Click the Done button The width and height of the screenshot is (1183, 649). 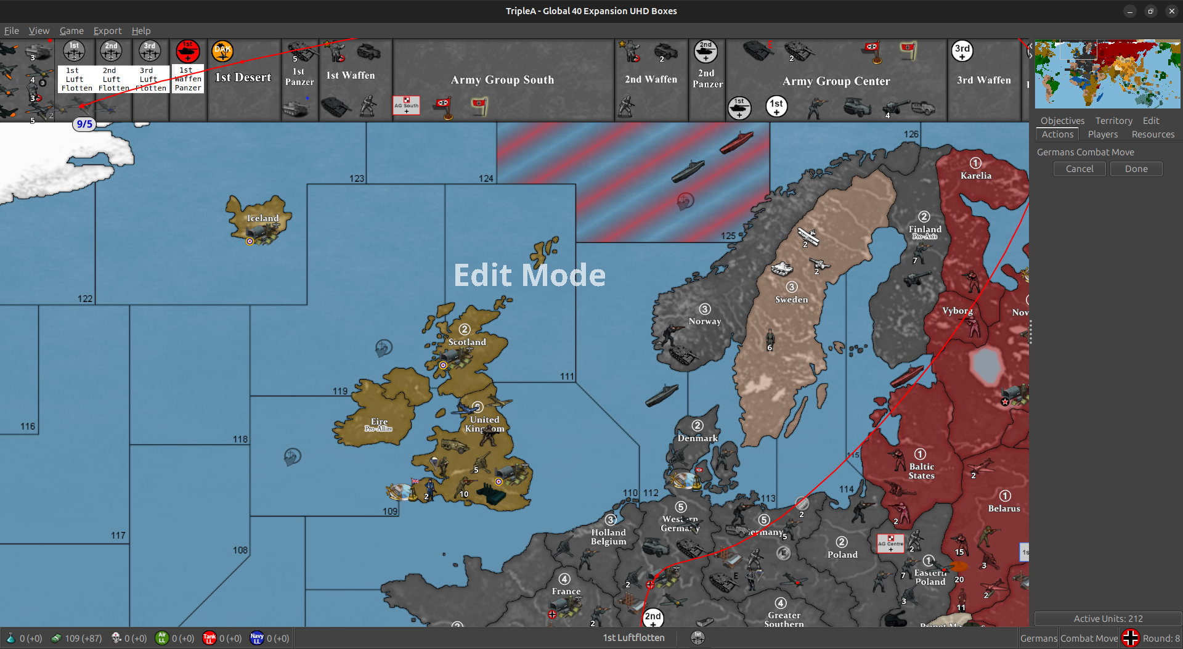click(1136, 169)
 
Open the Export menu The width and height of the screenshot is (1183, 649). click(107, 31)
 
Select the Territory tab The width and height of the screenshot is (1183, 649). click(1113, 121)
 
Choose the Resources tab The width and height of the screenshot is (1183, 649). click(1152, 134)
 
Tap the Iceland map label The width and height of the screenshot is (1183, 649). click(263, 218)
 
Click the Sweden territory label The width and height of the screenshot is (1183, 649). click(791, 300)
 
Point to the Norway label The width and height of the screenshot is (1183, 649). click(704, 321)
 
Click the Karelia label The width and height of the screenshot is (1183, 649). click(976, 176)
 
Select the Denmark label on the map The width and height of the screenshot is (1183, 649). click(697, 438)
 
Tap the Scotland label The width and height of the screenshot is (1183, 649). click(467, 342)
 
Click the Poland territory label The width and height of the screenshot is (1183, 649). click(842, 555)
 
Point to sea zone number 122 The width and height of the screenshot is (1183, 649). click(85, 299)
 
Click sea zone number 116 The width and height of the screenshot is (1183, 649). click(28, 427)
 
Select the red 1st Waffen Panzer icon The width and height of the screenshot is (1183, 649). click(187, 51)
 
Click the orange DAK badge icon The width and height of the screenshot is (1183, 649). click(222, 51)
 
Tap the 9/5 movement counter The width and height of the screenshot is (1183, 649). click(84, 124)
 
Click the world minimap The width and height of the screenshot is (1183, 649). click(1107, 74)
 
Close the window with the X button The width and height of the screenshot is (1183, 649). click(1171, 11)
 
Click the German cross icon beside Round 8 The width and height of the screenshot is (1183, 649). click(1130, 638)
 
